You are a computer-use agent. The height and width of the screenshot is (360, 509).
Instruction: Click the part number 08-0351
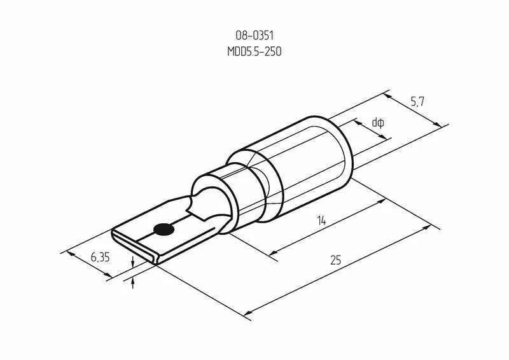click(254, 36)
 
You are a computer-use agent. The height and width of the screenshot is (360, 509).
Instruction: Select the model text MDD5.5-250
click(254, 52)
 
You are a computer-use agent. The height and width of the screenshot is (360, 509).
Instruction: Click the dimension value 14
click(322, 221)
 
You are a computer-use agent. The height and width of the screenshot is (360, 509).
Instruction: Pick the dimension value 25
click(335, 260)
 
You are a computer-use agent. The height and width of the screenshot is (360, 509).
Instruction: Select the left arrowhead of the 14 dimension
click(273, 254)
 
